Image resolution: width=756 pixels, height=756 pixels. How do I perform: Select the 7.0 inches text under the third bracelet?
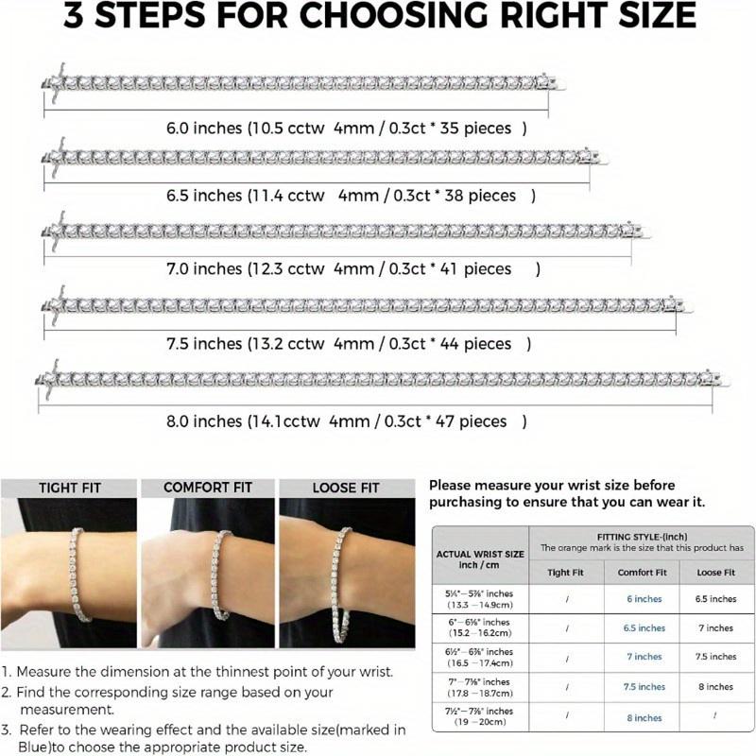coord(204,269)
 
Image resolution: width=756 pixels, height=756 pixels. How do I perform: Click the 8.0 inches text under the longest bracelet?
coord(204,421)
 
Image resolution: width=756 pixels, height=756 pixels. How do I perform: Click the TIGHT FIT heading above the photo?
coord(70,489)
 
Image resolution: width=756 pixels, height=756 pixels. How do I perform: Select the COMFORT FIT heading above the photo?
coord(208,488)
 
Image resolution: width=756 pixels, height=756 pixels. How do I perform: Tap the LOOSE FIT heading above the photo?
coord(346,489)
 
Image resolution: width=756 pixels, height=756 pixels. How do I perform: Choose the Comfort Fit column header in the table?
coord(643,573)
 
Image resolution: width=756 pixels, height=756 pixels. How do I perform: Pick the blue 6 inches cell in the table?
coord(644,599)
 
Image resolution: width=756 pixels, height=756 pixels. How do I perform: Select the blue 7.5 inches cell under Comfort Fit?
coord(644,687)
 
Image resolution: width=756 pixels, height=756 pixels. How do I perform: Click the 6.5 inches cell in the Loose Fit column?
coord(715,599)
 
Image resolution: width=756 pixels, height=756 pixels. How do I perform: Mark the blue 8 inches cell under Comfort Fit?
coord(644,718)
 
